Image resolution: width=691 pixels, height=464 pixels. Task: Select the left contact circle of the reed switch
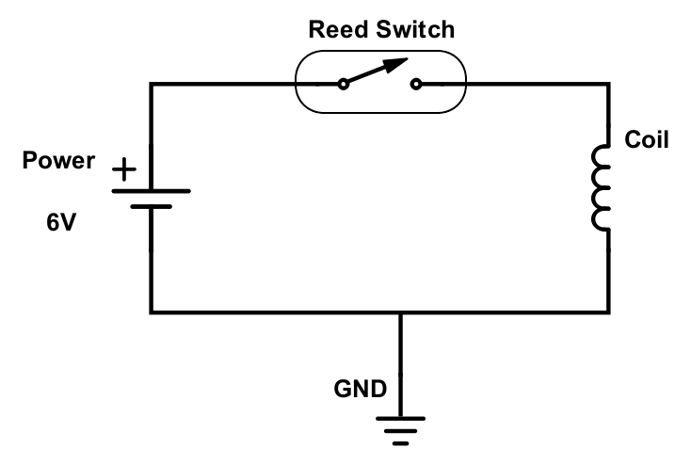click(344, 85)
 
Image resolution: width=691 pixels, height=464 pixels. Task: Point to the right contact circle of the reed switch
click(415, 85)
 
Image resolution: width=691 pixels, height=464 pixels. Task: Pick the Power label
click(58, 161)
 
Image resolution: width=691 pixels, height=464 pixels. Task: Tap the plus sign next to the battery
click(122, 170)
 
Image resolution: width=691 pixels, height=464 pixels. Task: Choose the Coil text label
click(647, 141)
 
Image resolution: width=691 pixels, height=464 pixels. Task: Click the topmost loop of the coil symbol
click(601, 156)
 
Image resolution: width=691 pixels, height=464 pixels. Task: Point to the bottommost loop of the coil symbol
click(601, 219)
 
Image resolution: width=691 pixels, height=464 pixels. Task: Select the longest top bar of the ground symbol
click(401, 418)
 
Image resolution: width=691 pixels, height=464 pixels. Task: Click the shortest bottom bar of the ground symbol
click(401, 440)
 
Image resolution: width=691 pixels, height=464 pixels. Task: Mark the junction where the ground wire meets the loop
click(401, 312)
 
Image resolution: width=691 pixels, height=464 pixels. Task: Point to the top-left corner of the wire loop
click(151, 85)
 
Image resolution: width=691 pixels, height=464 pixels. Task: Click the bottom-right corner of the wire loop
click(607, 312)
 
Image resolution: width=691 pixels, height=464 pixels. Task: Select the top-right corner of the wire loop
click(607, 85)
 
